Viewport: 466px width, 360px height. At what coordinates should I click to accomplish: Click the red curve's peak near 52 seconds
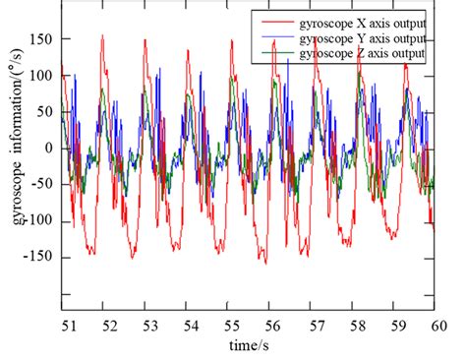[102, 35]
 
